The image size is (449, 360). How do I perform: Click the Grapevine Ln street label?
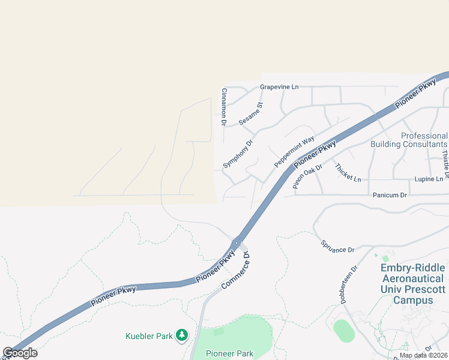279,87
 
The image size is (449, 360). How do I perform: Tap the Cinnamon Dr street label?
223,107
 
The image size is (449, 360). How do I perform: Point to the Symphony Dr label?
238,154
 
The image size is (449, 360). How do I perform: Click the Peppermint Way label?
294,152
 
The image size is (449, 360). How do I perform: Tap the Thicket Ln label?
348,173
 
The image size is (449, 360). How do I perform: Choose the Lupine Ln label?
429,179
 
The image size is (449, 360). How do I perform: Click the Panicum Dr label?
390,196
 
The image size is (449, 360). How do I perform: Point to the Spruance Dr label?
337,245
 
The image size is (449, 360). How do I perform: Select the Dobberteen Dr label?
349,285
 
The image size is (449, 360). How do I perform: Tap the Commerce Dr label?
235,271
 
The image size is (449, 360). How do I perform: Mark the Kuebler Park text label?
149,336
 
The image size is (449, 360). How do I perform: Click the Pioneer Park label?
229,353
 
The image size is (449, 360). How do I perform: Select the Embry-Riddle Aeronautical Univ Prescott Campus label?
413,284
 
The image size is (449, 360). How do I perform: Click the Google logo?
20,353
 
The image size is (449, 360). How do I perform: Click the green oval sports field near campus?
343,331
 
